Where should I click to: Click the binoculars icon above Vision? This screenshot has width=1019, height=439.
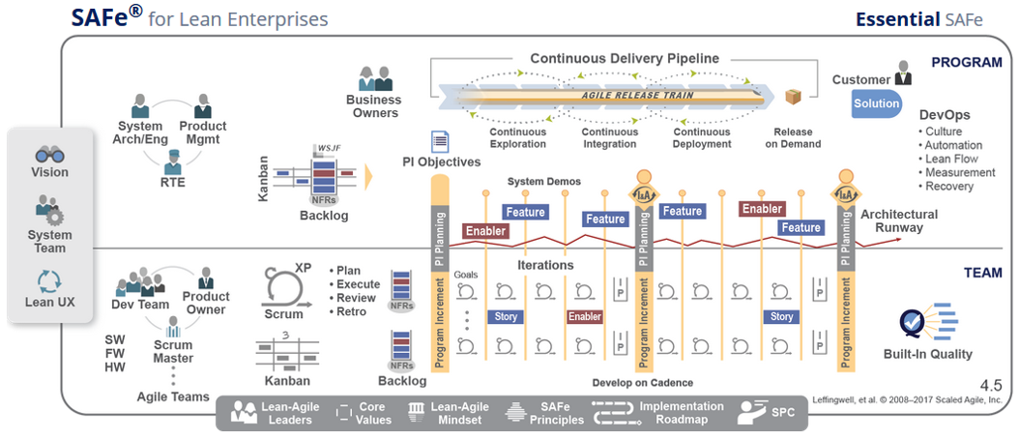coord(49,154)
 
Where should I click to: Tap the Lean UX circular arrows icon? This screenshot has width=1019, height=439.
coord(49,281)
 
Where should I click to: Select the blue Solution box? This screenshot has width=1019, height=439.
coord(876,103)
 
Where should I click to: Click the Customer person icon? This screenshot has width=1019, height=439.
coord(904,73)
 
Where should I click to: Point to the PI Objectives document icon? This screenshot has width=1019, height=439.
coord(440,142)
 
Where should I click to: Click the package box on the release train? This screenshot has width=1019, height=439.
coord(795,98)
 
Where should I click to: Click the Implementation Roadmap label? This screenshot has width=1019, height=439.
coord(681,413)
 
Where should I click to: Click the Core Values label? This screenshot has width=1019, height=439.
coord(374,413)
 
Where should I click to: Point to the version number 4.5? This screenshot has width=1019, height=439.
coord(990,385)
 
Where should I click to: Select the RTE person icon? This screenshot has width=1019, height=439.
coord(172,161)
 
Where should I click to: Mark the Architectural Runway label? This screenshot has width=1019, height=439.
coord(899,221)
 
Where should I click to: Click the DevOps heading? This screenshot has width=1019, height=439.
coord(945,115)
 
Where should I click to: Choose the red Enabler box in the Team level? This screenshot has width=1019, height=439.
coord(585,316)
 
